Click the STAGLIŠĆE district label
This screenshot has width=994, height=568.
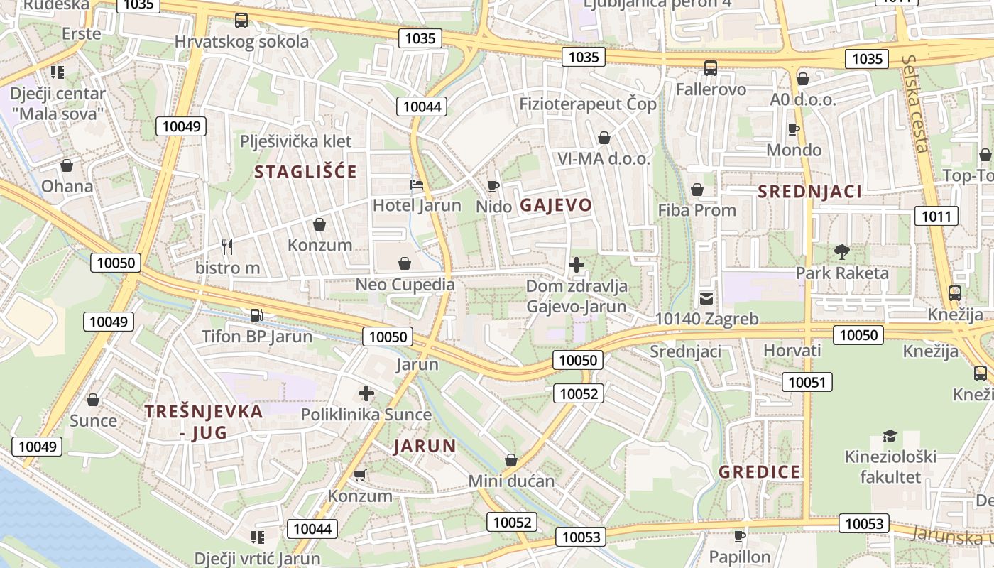pos(305,172)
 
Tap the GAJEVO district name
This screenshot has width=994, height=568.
pos(556,205)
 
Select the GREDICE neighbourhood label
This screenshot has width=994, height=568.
pos(759,472)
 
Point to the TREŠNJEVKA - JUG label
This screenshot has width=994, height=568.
pos(204,421)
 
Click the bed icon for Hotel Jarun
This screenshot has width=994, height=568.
pos(417,185)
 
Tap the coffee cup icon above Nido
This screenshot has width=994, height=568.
pos(493,186)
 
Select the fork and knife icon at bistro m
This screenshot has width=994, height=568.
pos(227,247)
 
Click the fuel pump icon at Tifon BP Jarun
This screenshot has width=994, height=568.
pos(256,315)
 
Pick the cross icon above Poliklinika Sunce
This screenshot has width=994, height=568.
pos(366,393)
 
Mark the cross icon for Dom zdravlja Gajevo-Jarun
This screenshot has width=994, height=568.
pos(577,266)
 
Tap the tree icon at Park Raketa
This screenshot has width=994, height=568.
pos(842,251)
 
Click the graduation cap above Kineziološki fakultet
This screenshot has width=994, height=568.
pos(890,436)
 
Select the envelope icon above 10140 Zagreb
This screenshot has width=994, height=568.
pos(706,298)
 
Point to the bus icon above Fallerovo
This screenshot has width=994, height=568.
pos(711,68)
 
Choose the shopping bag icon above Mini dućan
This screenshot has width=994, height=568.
pos(511,460)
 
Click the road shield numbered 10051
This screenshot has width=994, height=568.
pos(807,383)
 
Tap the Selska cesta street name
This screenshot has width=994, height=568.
pos(914,104)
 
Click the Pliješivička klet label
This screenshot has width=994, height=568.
pos(296,141)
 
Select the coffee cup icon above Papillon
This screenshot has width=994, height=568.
pos(740,535)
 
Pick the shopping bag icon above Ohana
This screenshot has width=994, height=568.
pos(67,165)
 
